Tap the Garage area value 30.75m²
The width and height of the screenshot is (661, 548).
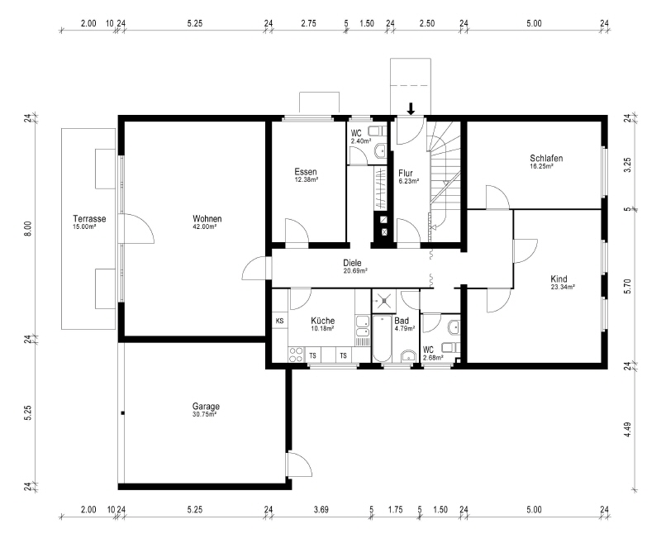tap(206, 415)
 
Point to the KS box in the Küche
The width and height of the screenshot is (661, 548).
tap(279, 321)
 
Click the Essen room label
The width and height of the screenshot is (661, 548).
tap(306, 172)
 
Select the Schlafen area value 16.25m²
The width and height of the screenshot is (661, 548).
tap(541, 166)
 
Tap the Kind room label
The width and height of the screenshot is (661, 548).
tap(559, 279)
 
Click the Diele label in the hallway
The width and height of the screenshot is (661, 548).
tap(353, 263)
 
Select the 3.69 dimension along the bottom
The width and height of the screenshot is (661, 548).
tap(321, 510)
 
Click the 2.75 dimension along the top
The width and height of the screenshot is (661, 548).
tap(308, 24)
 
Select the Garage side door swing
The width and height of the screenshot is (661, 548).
tap(297, 467)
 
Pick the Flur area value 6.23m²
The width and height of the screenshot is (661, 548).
tap(405, 180)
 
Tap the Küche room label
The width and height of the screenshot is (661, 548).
tap(322, 321)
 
